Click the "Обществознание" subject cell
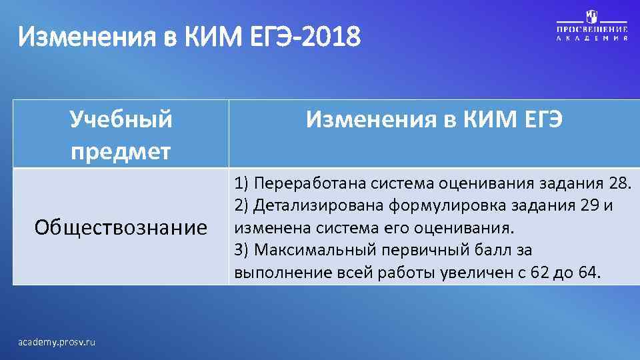pyautogui.click(x=121, y=228)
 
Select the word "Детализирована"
pyautogui.click(x=319, y=205)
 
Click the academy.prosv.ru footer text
pyautogui.click(x=57, y=342)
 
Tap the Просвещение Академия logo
pyautogui.click(x=592, y=27)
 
